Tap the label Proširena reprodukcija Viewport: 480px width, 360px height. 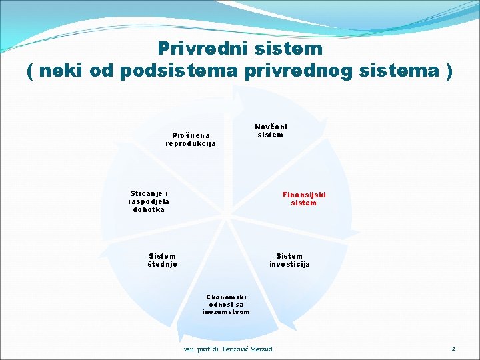tap(191, 139)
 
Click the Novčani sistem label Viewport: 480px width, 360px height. tap(271, 131)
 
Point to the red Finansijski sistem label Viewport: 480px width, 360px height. tap(304, 199)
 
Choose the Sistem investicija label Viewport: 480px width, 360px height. tap(289, 260)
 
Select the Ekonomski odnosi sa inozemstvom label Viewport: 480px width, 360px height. tap(226, 304)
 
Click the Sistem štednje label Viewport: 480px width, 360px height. tap(163, 260)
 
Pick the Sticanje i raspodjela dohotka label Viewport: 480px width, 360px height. tap(149, 201)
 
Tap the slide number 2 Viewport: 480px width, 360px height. tap(453, 349)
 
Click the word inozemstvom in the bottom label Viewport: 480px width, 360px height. tap(226, 311)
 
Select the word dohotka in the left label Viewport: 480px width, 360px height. tap(149, 209)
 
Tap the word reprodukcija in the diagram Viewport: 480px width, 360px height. tap(191, 143)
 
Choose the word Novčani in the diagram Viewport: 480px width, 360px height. tap(271, 127)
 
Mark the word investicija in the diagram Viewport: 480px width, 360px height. tap(289, 264)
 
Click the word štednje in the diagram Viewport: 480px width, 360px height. tap(163, 264)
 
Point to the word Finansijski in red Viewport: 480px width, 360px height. tap(304, 195)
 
